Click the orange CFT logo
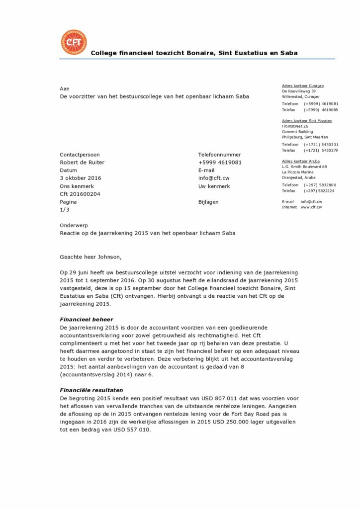[x=73, y=43]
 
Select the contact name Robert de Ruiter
[x=82, y=162]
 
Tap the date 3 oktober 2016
[x=80, y=178]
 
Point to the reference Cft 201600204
[x=80, y=194]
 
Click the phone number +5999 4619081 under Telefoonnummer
[x=220, y=162]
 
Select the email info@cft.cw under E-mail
[x=214, y=178]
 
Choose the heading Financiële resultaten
[x=91, y=390]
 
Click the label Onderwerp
[x=74, y=225]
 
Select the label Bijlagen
[x=208, y=202]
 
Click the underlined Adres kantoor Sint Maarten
[x=307, y=121]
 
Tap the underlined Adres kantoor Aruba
[x=300, y=162]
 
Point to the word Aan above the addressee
[x=65, y=88]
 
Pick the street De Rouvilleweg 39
[x=299, y=91]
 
